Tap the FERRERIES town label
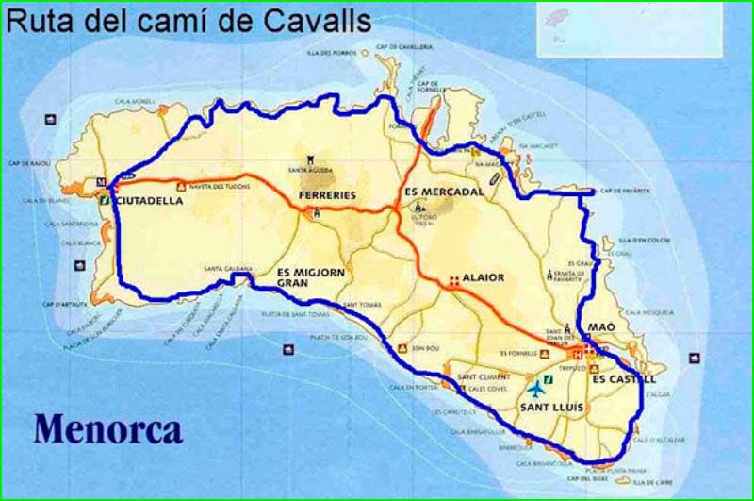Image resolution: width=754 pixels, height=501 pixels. (327, 195)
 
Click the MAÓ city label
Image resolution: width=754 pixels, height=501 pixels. (601, 326)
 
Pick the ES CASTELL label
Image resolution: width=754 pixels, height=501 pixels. (623, 378)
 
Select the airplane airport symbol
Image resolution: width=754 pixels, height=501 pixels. (537, 388)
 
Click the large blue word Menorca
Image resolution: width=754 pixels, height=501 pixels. (108, 428)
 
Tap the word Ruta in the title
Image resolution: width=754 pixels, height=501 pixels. (38, 20)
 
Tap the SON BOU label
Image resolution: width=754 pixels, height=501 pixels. (426, 347)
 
